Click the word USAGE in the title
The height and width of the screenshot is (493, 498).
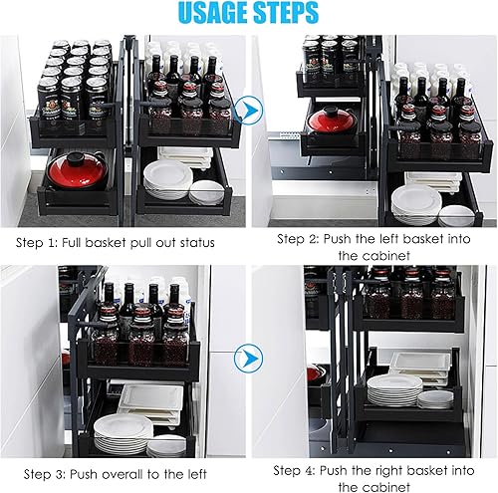[213, 13]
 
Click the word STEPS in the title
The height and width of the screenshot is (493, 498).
[287, 13]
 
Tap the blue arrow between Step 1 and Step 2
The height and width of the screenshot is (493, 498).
[249, 110]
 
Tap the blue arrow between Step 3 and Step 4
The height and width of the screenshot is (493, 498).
[249, 359]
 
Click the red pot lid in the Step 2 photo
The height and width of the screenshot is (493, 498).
[332, 121]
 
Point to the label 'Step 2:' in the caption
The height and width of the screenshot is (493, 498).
[298, 239]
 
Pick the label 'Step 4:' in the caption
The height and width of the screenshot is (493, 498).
[294, 471]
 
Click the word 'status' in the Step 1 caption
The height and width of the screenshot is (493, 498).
[197, 243]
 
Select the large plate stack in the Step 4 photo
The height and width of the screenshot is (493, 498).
[394, 390]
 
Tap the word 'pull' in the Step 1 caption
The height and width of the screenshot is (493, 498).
[141, 244]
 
